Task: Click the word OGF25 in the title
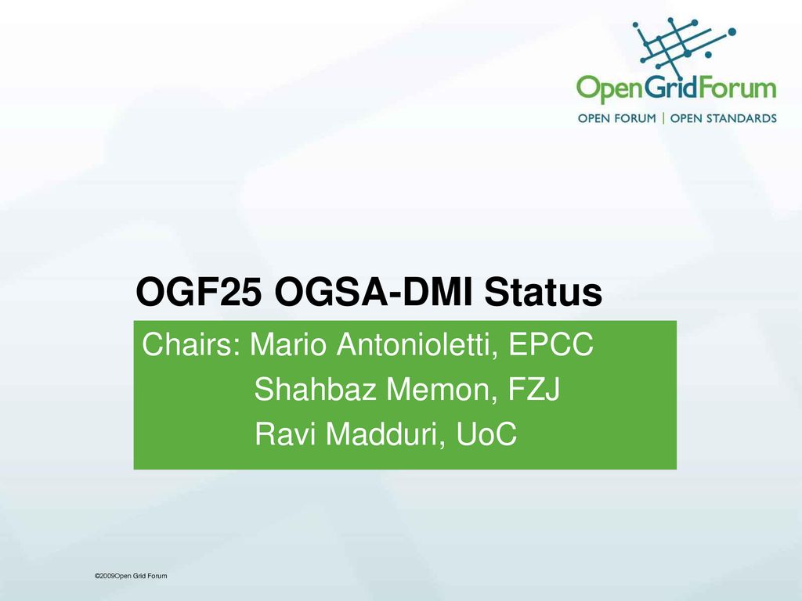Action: coord(200,292)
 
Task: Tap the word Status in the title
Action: coord(544,292)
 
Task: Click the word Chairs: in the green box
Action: coord(191,344)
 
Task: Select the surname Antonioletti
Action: coord(417,344)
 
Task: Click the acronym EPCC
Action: coord(551,344)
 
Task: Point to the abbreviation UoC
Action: coord(486,434)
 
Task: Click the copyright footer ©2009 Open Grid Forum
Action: coord(131,576)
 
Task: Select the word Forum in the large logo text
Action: coord(737,88)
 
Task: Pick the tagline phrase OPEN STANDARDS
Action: coord(723,119)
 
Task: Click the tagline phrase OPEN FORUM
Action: coord(617,119)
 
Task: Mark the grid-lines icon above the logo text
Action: coord(684,45)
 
